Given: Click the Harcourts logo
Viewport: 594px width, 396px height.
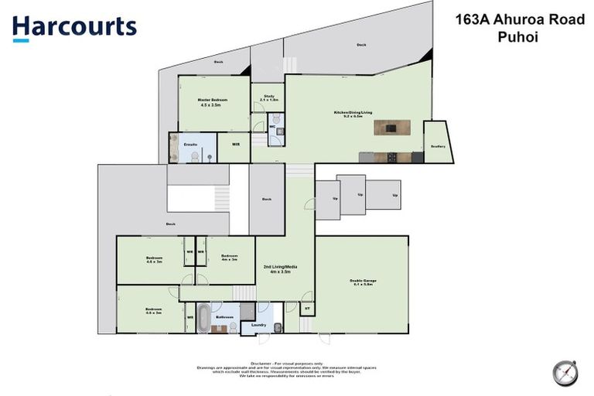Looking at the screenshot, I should click(74, 28).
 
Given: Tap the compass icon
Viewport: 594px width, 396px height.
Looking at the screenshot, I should click(565, 372).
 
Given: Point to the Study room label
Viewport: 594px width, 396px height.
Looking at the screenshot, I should click(268, 97).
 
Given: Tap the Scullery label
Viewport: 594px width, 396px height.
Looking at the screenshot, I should click(438, 147).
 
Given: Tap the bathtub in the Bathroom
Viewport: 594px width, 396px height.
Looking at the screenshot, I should click(203, 317).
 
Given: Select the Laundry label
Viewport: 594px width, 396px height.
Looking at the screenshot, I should click(259, 325).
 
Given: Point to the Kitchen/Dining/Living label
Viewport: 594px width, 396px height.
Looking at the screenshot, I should click(353, 114).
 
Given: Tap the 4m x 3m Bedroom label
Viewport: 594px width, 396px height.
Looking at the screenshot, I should click(229, 258).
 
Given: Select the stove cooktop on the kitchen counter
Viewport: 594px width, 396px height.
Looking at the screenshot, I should click(392, 158).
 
